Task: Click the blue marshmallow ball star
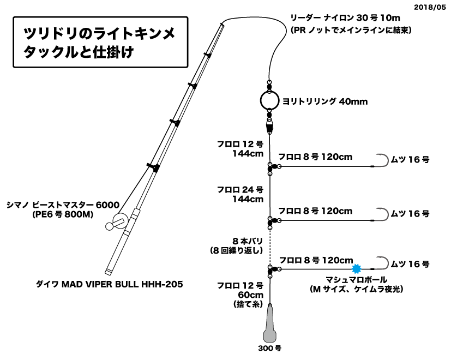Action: [x=357, y=269]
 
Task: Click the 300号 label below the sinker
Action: [x=271, y=347]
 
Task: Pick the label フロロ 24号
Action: [x=240, y=190]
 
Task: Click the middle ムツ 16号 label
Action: [x=411, y=213]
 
